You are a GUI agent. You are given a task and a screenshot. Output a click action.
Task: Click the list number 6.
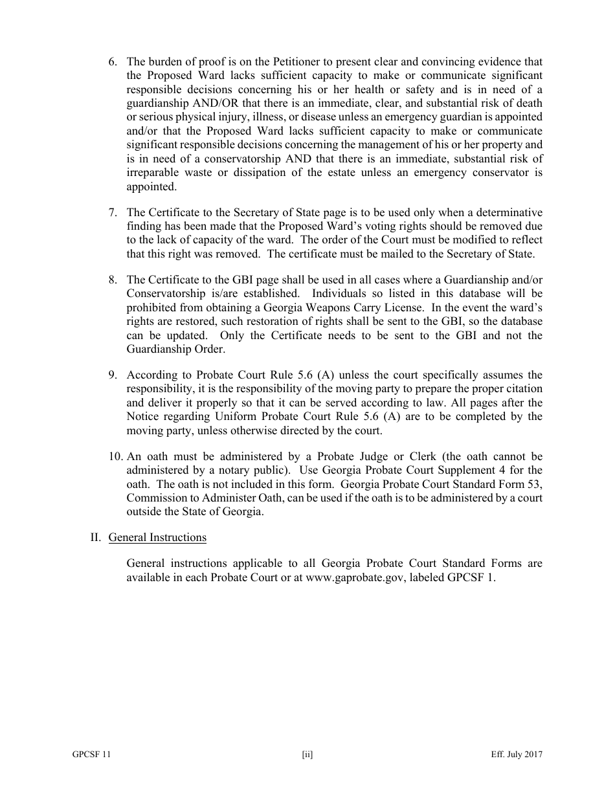click(112, 62)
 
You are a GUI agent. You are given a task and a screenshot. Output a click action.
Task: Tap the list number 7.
click(112, 213)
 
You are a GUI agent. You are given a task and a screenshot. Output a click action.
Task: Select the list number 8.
click(112, 280)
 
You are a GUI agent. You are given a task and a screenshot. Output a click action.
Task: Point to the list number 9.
click(112, 375)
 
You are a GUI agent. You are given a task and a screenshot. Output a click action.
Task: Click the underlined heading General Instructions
click(157, 537)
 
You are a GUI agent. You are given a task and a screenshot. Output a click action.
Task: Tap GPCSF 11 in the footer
click(91, 755)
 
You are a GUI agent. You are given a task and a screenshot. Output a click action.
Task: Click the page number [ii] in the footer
click(307, 755)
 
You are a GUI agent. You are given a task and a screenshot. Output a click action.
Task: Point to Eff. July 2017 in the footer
click(517, 755)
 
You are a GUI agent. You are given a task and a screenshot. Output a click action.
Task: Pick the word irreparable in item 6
click(154, 173)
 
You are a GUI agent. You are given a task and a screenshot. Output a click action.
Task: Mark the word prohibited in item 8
click(151, 307)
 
